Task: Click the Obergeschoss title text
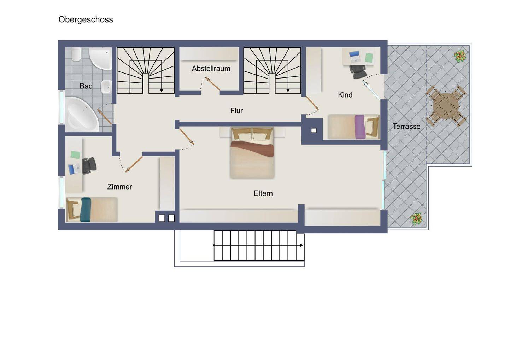[x=86, y=20]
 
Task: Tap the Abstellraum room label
[x=211, y=68]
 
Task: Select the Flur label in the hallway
[x=236, y=110]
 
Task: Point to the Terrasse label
[x=406, y=126]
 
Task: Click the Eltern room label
[x=263, y=193]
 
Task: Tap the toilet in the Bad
[x=76, y=54]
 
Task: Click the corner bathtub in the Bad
[x=82, y=115]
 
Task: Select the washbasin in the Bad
[x=106, y=87]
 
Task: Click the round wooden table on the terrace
[x=446, y=106]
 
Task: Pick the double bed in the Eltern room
[x=252, y=152]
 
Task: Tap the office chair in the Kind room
[x=358, y=71]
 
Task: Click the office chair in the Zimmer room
[x=89, y=166]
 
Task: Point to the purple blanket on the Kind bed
[x=360, y=127]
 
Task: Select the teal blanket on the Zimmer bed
[x=86, y=210]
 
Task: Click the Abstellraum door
[x=212, y=84]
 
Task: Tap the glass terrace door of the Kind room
[x=371, y=90]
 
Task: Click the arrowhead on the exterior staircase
[x=302, y=245]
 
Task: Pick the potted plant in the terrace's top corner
[x=460, y=56]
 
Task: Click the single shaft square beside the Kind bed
[x=314, y=130]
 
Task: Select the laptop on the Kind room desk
[x=355, y=56]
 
